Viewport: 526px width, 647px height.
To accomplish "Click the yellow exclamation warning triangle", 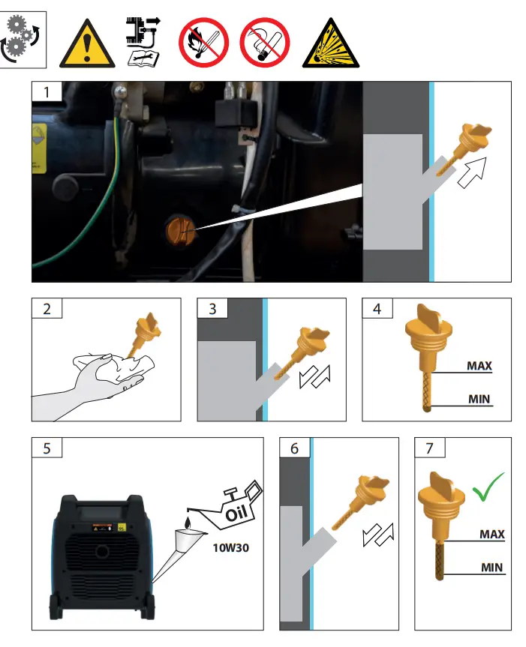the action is coord(88,42).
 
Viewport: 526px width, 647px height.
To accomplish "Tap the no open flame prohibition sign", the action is coord(202,40).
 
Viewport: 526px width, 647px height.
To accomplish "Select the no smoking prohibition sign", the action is coord(264,40).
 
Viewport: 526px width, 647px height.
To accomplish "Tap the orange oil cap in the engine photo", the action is coord(180,228).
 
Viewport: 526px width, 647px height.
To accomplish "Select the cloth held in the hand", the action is coord(120,369).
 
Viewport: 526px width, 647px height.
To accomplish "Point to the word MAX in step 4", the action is coord(479,366).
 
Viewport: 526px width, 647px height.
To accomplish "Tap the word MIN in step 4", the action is coord(479,400).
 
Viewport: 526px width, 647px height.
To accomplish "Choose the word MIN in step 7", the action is coord(492,568).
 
